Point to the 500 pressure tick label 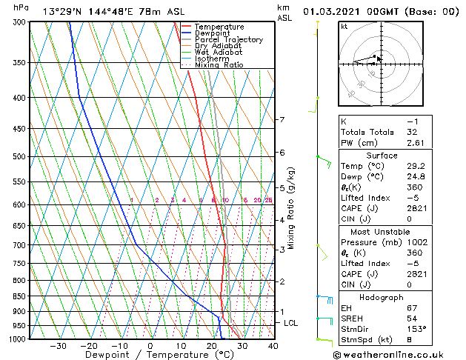pos(21,156)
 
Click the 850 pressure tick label pos(21,296)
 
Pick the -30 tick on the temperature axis pos(57,346)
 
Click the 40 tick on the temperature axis pos(273,346)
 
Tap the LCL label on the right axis pos(291,323)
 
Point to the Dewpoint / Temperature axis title pos(149,355)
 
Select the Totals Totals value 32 pos(412,132)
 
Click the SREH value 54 pos(412,318)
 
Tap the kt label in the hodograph pos(344,27)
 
